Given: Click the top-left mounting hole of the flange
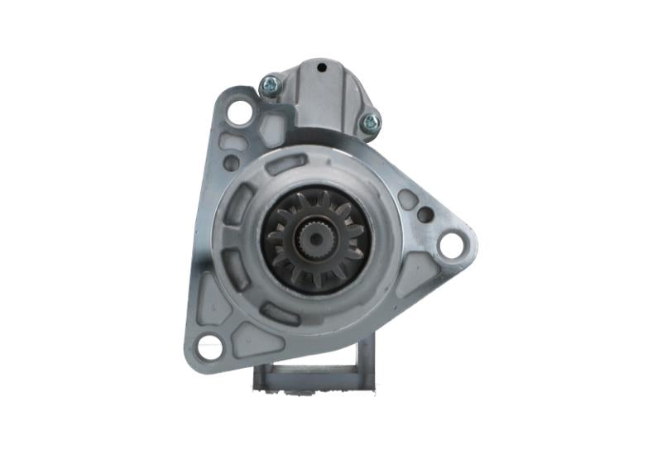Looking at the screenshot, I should click(x=239, y=112).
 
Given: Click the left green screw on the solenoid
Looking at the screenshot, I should click(x=270, y=84).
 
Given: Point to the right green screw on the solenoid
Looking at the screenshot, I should click(x=370, y=123).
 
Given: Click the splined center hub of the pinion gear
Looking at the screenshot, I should click(x=316, y=241).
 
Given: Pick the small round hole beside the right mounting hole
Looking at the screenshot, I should click(x=425, y=215).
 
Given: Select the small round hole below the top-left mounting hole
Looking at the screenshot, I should click(x=233, y=163).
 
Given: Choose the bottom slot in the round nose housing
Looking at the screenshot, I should click(x=281, y=313).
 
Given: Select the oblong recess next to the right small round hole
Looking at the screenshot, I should click(x=407, y=199).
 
